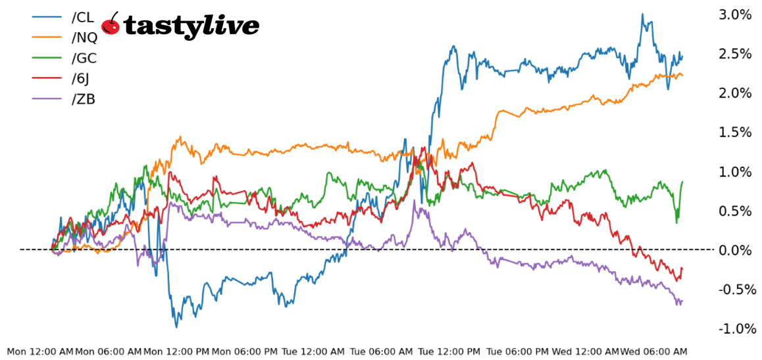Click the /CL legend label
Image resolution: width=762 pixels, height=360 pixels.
(x=82, y=18)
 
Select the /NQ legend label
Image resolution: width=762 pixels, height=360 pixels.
(x=84, y=38)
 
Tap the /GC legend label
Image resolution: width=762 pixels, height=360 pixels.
(x=84, y=59)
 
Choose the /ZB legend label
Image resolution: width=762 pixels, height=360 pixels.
(x=83, y=99)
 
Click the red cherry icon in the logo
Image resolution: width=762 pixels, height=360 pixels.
(x=111, y=24)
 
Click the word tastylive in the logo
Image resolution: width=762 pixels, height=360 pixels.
(x=191, y=26)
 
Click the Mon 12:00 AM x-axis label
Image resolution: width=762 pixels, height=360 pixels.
(x=40, y=352)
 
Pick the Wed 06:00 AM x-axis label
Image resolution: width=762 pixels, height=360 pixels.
(x=654, y=352)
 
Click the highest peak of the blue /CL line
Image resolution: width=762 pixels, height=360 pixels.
(x=642, y=14)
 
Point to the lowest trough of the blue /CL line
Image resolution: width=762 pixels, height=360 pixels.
(x=176, y=326)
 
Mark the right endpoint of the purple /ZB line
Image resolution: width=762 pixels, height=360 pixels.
(x=682, y=301)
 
